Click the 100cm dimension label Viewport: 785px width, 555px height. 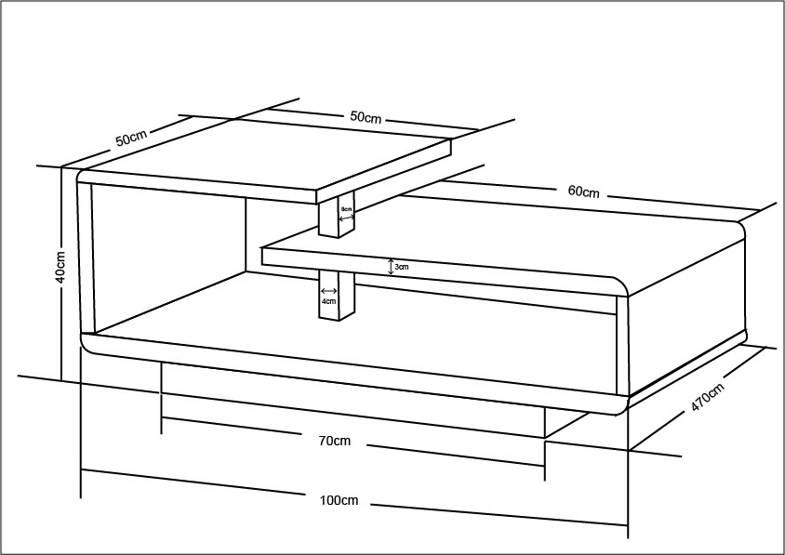pyautogui.click(x=339, y=500)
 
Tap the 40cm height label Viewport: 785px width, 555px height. pyautogui.click(x=60, y=267)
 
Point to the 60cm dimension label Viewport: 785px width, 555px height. pyautogui.click(x=583, y=192)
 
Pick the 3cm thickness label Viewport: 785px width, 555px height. pyautogui.click(x=402, y=267)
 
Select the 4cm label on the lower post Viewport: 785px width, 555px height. pyautogui.click(x=327, y=301)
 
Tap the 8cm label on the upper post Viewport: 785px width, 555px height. pyautogui.click(x=346, y=209)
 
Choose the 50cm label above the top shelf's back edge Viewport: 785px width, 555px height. pyautogui.click(x=366, y=117)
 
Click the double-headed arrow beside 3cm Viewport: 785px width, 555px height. pyautogui.click(x=391, y=266)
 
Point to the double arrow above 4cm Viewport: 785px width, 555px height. pyautogui.click(x=327, y=290)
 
